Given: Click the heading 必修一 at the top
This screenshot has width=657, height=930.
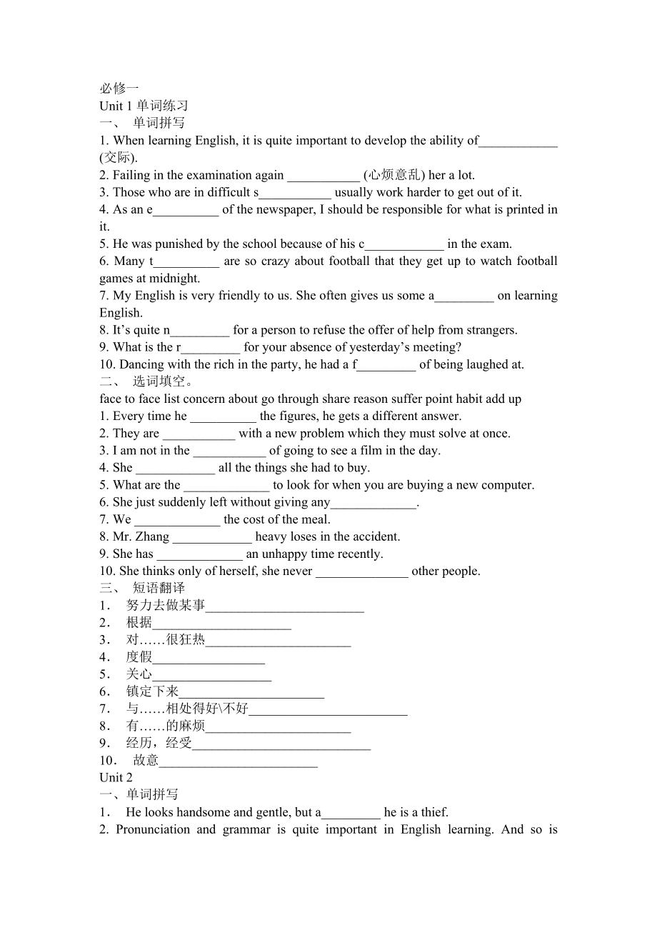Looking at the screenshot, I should tap(119, 89).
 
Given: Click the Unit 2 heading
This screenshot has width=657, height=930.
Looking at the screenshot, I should tap(116, 778).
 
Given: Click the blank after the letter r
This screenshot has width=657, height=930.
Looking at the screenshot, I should tap(211, 348).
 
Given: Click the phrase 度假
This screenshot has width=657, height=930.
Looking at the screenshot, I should tap(139, 657).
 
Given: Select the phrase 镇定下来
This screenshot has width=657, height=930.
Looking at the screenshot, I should tap(152, 691).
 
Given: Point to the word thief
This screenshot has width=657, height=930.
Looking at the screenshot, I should tap(433, 812).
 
